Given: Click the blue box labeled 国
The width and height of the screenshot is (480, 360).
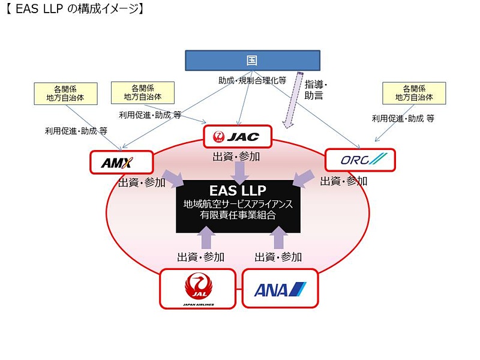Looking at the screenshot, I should click(251, 60).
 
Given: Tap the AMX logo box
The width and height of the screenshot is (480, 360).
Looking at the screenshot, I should click(121, 162).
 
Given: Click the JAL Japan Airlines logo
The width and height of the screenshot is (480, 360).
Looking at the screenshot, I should click(197, 289).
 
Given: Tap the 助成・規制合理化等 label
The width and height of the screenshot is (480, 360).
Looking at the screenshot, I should click(252, 80).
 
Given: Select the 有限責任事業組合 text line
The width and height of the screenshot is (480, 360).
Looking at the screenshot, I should click(238, 215).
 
